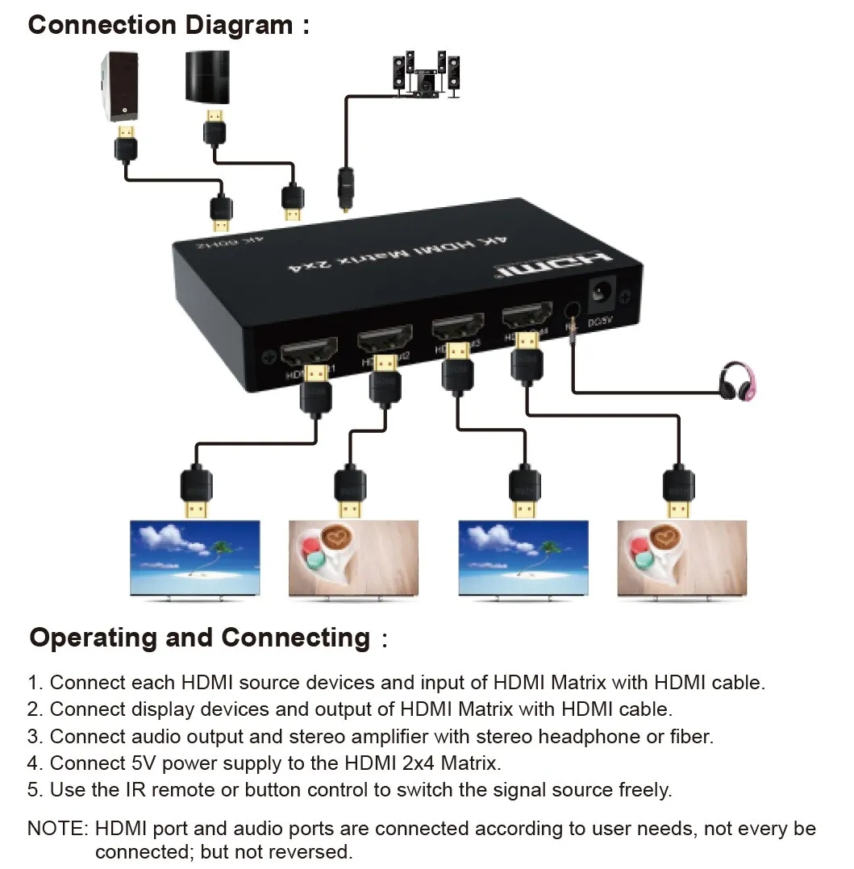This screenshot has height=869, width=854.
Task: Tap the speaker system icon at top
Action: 425,76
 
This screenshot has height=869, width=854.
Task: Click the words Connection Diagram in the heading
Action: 160,24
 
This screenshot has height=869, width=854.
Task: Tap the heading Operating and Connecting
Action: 199,638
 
